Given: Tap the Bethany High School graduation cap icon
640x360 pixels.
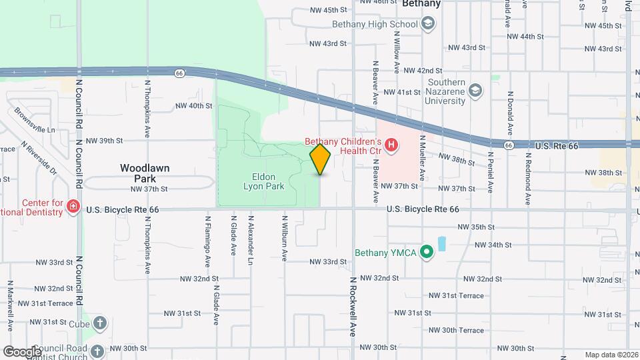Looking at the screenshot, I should coord(428,25).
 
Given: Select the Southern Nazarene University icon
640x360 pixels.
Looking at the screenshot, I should coord(475,90).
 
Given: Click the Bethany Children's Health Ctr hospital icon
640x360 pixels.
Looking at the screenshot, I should coord(391,143).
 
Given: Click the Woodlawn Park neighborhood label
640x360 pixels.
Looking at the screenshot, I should coord(145,173).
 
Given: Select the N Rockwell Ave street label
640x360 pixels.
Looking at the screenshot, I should coord(352,306).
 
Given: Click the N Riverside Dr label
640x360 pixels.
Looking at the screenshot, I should coord(39,157).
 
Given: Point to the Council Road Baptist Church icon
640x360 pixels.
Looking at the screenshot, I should coord(97,350).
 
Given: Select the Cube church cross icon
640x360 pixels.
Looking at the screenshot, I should coord(100,323).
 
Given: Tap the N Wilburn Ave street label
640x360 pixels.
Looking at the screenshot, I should coord(285,237).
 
